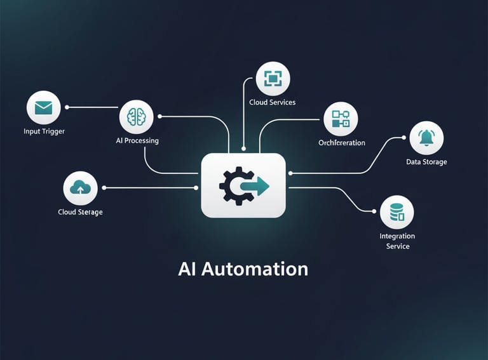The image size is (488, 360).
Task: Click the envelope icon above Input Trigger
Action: click(43, 107)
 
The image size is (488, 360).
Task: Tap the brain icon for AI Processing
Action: click(136, 117)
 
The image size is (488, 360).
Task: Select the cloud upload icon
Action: click(80, 188)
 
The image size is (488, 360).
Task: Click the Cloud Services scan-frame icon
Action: click(273, 79)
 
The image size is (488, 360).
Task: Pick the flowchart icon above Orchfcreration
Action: click(341, 119)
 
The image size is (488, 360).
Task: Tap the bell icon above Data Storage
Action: click(426, 138)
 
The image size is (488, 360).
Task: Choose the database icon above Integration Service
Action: click(397, 212)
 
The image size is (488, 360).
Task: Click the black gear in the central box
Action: click(232, 185)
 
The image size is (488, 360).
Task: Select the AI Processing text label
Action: click(137, 140)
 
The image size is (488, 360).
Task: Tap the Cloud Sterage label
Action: click(80, 212)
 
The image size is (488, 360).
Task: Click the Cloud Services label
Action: click(273, 102)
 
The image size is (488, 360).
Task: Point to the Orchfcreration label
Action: click(342, 143)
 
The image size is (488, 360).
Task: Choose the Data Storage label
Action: click(426, 162)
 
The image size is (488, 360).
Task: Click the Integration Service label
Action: click(397, 241)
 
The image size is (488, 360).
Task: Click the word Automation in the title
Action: click(254, 269)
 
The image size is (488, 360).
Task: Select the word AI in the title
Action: click(187, 269)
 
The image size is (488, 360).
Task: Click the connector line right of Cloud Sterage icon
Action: click(149, 188)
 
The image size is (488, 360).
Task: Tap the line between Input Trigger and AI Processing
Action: click(92, 107)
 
